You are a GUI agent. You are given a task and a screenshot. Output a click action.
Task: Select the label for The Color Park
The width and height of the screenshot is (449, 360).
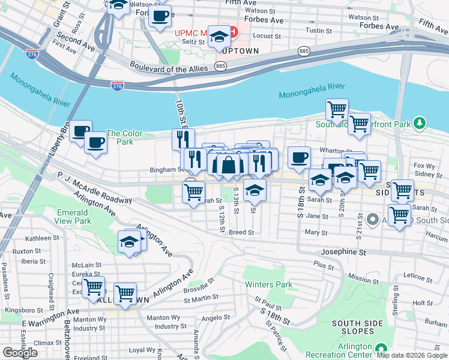(x=124, y=137)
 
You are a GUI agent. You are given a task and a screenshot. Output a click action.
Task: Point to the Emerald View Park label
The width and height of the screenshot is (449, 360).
(x=74, y=217)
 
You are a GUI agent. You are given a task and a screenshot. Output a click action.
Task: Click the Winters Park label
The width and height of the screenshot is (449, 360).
(x=268, y=284)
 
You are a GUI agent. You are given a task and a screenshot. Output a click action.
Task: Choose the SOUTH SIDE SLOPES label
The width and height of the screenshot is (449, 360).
(x=358, y=328)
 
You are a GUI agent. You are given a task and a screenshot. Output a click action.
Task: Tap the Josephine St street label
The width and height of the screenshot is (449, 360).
(x=343, y=253)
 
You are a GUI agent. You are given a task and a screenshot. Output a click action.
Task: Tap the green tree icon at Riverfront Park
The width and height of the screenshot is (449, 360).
(x=420, y=124)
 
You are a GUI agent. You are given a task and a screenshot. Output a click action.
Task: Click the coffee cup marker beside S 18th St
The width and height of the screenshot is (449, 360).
(x=298, y=158)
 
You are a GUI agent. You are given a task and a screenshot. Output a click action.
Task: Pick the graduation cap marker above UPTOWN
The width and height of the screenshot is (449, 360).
(x=220, y=37)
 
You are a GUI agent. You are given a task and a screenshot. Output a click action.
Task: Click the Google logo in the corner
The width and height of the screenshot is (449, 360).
(x=20, y=353)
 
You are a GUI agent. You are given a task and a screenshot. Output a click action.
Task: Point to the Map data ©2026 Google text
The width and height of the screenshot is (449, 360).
(x=412, y=355)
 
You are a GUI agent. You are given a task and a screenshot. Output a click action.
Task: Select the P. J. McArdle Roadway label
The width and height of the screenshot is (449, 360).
(x=95, y=188)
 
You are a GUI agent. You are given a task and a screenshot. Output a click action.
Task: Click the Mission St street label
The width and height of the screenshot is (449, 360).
(x=364, y=279)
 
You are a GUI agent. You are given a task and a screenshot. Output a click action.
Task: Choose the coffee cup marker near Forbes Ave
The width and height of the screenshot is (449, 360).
(x=160, y=16)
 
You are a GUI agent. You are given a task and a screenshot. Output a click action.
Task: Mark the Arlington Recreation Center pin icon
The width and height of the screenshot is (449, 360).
(x=381, y=348)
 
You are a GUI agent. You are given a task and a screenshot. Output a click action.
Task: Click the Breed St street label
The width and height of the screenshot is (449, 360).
(x=238, y=232)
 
